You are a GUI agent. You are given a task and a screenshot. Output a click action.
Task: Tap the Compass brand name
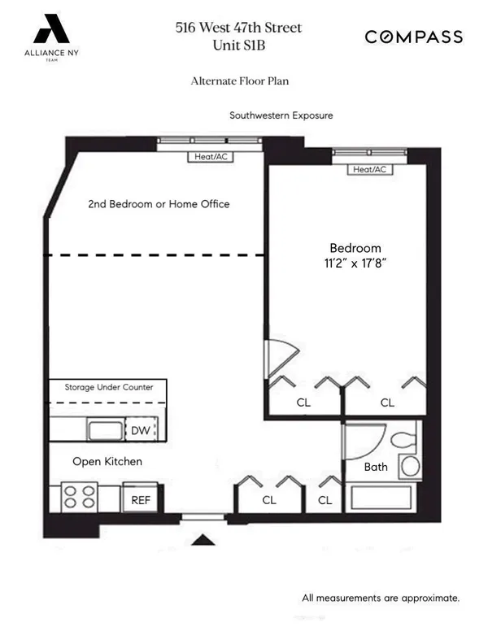tap(413, 37)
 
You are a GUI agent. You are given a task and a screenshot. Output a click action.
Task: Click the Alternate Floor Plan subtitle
tap(239, 81)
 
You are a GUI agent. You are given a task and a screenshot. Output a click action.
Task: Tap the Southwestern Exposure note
tap(281, 115)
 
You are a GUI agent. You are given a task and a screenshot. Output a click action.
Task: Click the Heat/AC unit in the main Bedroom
tap(369, 170)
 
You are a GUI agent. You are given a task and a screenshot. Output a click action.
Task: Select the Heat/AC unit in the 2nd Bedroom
tap(210, 157)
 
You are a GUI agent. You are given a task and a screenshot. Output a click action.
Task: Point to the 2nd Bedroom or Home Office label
tap(159, 204)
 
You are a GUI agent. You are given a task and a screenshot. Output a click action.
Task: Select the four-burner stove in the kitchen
tap(81, 497)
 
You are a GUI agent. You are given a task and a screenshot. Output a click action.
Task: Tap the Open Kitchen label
tap(107, 462)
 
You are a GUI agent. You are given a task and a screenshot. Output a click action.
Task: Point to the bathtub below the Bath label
tap(382, 498)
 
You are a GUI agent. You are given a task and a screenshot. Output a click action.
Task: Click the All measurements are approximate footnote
tap(381, 598)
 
